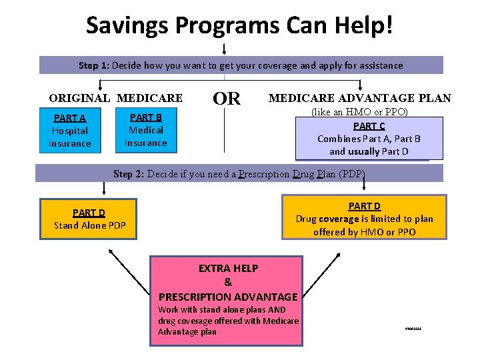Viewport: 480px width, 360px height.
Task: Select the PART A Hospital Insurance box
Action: tap(69, 131)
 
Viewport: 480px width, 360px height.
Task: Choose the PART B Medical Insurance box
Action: tap(145, 130)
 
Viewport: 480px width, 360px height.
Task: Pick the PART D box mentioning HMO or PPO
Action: tap(364, 218)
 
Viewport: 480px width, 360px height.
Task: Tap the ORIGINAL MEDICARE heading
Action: tap(115, 98)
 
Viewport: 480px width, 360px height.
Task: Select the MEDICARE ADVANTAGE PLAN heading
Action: tap(359, 98)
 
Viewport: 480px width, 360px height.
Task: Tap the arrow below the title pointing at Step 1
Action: tap(224, 49)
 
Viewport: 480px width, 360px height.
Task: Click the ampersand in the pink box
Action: tap(228, 282)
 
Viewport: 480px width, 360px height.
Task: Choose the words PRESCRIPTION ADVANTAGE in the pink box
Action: tap(228, 297)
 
